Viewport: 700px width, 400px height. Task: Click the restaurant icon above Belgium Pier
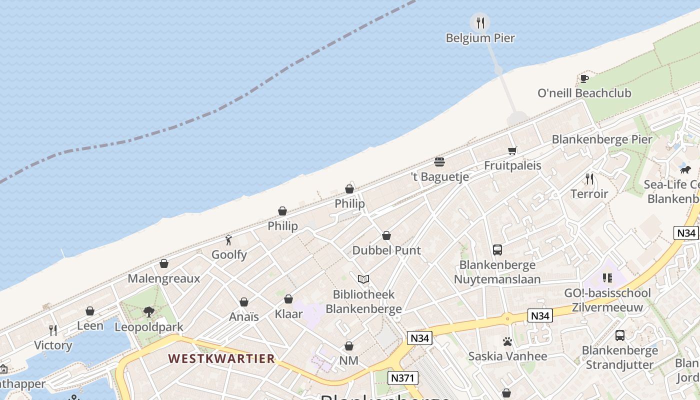coord(480,22)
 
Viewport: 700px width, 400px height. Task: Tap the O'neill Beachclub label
coord(584,93)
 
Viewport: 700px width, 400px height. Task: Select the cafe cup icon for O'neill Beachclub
coord(584,78)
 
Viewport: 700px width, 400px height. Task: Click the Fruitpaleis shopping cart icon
coord(512,150)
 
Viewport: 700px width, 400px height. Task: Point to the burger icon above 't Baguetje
coord(439,162)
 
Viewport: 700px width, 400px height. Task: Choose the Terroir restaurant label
coord(589,193)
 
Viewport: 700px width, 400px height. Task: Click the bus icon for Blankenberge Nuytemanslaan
coord(497,250)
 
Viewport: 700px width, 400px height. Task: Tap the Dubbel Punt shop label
coord(386,250)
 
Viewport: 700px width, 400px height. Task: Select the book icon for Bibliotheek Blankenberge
coord(363,279)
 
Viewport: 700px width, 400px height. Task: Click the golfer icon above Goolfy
coord(229,240)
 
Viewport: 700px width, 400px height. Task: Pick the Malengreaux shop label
coord(164,278)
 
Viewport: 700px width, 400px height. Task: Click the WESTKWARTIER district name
coord(221,358)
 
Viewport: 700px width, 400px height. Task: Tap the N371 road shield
coord(402,378)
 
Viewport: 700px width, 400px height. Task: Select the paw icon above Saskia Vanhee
coord(507,342)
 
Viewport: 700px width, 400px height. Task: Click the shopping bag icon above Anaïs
coord(244,302)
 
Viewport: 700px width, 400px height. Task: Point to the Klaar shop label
coord(288,314)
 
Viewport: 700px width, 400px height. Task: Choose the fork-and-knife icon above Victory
coord(53,330)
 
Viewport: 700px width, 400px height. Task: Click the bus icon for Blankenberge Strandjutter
coord(619,335)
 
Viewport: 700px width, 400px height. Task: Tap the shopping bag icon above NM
coord(349,346)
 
